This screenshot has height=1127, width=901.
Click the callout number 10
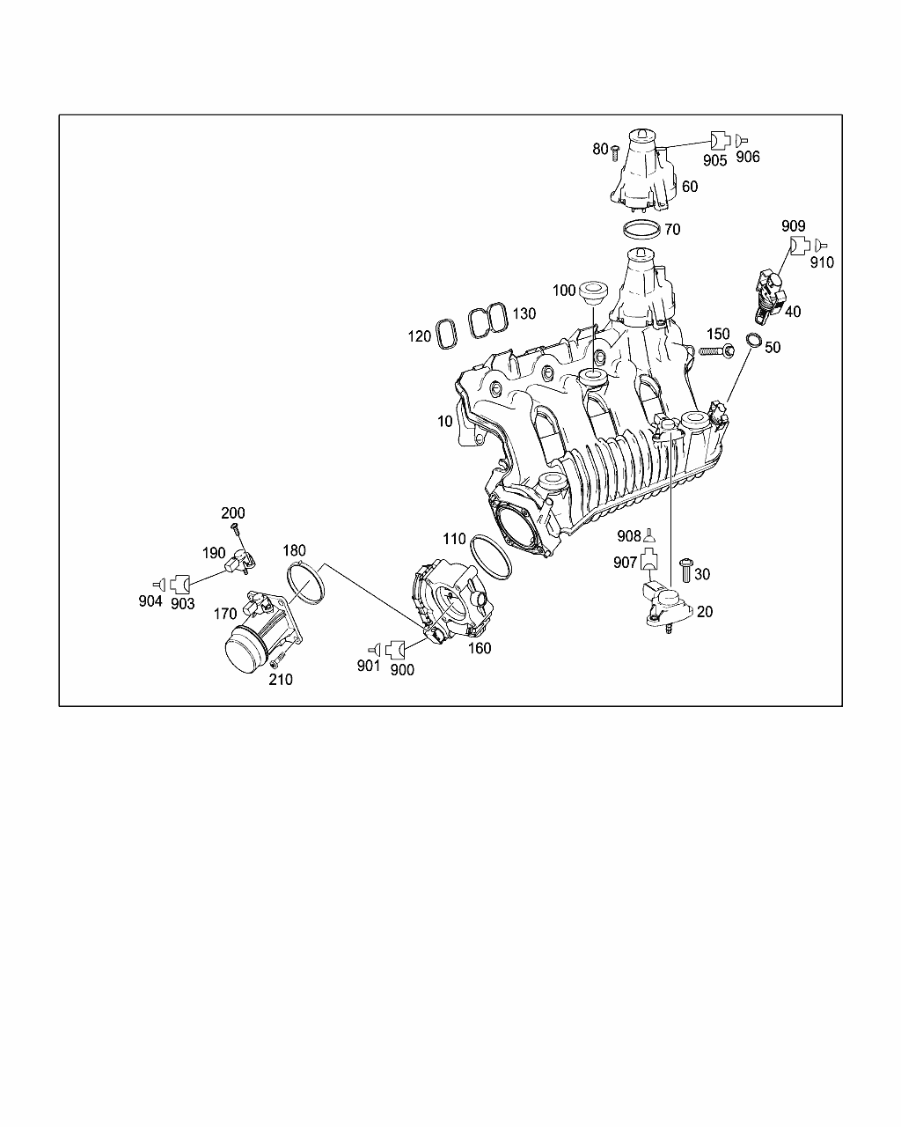[445, 421]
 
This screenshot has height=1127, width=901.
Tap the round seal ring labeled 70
[641, 228]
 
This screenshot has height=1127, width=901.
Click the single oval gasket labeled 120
[447, 334]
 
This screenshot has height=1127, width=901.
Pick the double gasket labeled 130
[488, 320]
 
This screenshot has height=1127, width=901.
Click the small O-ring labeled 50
[754, 339]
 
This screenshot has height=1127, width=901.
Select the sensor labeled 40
[769, 295]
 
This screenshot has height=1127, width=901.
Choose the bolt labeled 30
[685, 571]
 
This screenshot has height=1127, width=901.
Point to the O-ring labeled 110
[491, 557]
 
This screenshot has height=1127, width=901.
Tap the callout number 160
[480, 648]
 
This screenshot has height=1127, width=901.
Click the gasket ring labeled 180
[305, 582]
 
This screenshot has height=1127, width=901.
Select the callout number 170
[225, 614]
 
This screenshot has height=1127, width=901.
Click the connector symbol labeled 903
[180, 584]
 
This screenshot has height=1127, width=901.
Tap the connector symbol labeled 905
[720, 140]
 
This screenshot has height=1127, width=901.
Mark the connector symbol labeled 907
[649, 558]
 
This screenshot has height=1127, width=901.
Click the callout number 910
[822, 262]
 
